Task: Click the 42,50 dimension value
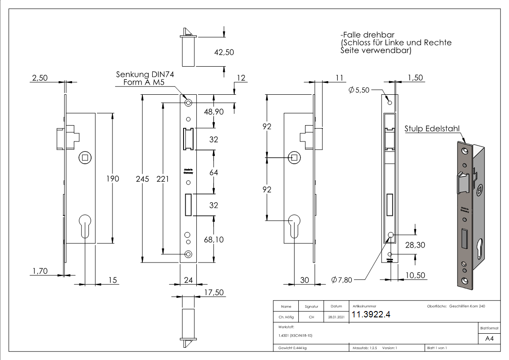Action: [x=223, y=52]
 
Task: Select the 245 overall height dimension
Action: [x=142, y=179]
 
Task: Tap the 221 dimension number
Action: [x=162, y=179]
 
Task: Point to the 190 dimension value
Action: [x=112, y=179]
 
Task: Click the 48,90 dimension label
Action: [x=213, y=112]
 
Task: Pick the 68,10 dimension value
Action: [x=213, y=239]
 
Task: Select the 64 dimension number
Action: [x=213, y=173]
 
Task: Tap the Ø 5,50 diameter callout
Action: [x=359, y=90]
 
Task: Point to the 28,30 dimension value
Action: [x=415, y=245]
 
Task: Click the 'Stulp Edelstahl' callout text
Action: [x=432, y=129]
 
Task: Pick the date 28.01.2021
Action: [x=336, y=317]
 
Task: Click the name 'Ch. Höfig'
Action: [x=286, y=317]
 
